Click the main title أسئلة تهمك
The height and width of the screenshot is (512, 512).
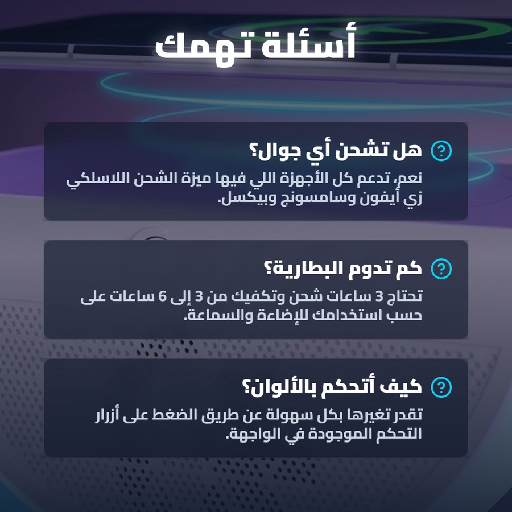tap(255, 45)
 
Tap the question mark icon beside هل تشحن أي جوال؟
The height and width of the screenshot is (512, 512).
tap(441, 151)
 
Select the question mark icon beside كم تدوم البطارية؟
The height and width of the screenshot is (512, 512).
tap(441, 269)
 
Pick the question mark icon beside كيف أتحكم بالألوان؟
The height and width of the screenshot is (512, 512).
tap(441, 387)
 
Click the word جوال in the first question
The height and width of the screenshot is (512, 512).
tap(275, 151)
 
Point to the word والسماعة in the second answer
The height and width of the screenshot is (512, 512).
tap(218, 315)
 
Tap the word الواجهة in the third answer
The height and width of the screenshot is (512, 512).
tap(248, 433)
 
